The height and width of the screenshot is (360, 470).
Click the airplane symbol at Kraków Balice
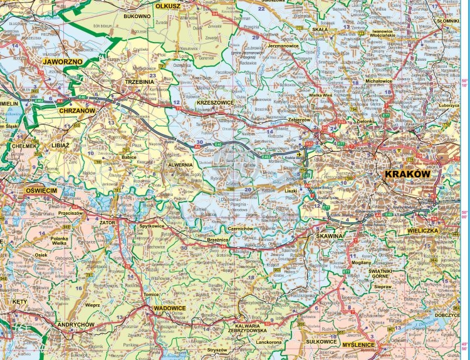click(x=299, y=153)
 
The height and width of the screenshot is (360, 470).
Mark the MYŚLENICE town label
click(x=358, y=345)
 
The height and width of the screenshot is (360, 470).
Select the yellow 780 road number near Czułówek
click(x=230, y=188)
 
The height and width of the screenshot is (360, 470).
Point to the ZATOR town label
click(x=107, y=222)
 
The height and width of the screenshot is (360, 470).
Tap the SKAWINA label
click(x=330, y=236)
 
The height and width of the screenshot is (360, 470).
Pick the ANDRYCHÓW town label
click(x=75, y=325)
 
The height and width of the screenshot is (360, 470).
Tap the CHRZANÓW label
click(x=76, y=111)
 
